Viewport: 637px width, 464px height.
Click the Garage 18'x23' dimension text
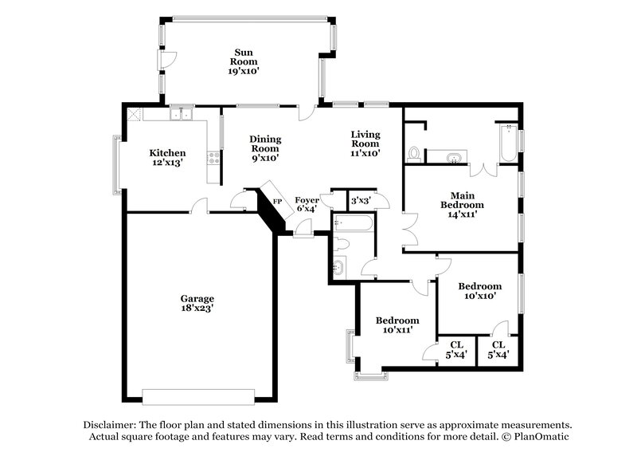pyautogui.click(x=196, y=307)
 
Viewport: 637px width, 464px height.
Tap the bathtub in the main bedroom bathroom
pyautogui.click(x=506, y=144)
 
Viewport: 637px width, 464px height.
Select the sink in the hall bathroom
pyautogui.click(x=338, y=269)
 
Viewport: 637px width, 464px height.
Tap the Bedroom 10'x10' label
pyautogui.click(x=479, y=290)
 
